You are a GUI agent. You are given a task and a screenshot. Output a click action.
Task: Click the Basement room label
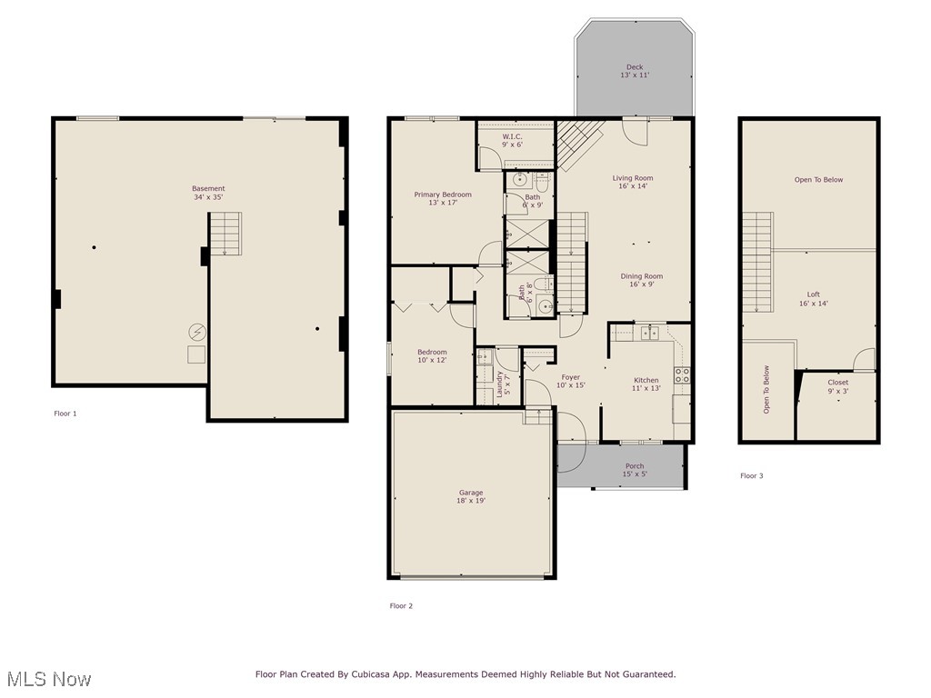point(208,193)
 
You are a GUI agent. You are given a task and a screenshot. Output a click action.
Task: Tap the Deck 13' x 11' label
point(635,71)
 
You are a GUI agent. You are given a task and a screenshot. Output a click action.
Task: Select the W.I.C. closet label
point(512,140)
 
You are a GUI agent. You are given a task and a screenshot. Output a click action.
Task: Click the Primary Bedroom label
point(443,199)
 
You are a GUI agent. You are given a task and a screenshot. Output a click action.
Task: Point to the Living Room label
point(633,182)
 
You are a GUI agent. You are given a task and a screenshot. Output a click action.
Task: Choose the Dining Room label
point(642,280)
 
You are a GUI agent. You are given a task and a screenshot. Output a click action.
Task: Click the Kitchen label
point(646,384)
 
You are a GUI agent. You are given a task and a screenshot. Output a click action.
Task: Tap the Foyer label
point(570,381)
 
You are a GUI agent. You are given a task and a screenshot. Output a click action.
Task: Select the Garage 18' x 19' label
point(470,497)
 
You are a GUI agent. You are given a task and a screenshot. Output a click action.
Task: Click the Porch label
point(635,470)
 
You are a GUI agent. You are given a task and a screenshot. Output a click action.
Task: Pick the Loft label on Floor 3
point(814,299)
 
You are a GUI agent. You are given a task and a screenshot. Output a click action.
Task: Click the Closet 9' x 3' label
point(837,386)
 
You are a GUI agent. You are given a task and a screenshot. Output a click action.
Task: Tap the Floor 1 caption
point(65,414)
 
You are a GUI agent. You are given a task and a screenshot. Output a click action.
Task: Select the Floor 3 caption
point(751,475)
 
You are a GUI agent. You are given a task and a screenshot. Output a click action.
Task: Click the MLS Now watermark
point(49,679)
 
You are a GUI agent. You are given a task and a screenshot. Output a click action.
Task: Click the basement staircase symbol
point(225,234)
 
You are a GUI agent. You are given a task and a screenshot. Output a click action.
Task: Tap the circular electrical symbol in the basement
point(196,332)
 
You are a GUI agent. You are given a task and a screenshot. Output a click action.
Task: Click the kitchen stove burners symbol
point(682,374)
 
